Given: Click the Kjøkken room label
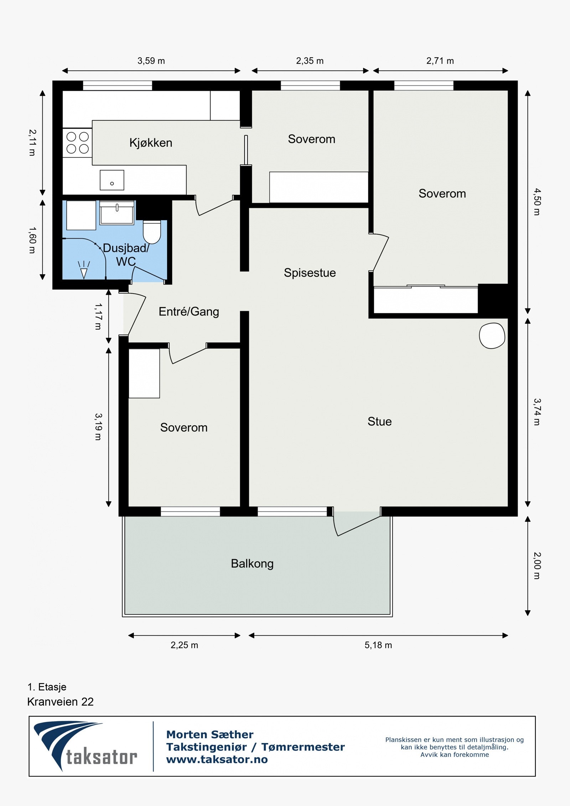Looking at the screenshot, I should coord(151,143).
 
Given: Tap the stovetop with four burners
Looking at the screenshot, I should coord(78,143).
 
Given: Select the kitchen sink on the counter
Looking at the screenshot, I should coord(112,180).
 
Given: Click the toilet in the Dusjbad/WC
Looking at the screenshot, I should coord(152,232).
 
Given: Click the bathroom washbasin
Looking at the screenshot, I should coord(116,213).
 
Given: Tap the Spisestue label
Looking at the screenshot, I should coord(310,273).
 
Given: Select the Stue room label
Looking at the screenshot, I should coord(379,422).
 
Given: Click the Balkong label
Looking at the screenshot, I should coord(252,563).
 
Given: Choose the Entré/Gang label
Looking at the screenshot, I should coord(189,312).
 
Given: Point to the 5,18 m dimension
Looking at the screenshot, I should coord(378,645).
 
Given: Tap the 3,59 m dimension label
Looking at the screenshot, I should coord(151,61).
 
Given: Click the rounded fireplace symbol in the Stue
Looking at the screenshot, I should coord(492,336).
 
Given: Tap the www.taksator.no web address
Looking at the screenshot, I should coord(217,759).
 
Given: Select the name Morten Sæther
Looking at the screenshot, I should coord(210,734).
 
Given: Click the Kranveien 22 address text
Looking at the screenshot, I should coord(60,702).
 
